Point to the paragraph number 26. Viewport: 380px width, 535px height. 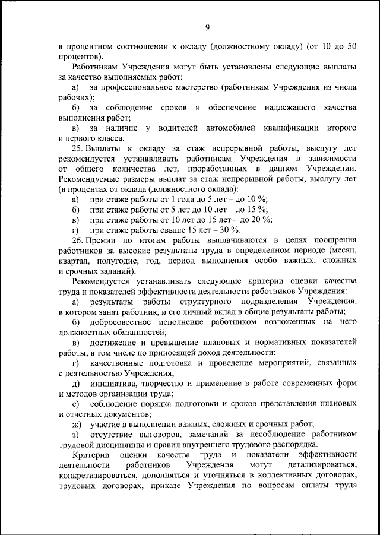coord(77,240)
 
